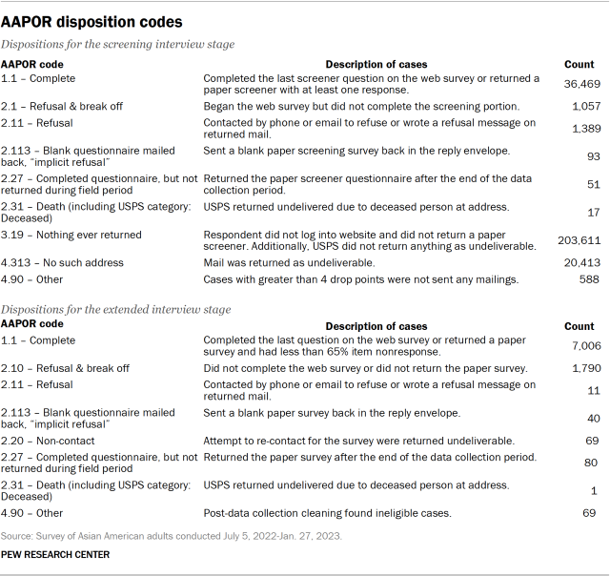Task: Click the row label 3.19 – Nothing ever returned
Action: tap(71, 235)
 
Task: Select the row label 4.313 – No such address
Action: tap(62, 261)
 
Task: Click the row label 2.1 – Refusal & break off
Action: tap(64, 106)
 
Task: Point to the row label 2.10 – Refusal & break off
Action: tap(67, 368)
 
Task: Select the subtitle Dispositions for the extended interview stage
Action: tap(118, 309)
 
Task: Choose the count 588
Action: tap(588, 279)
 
